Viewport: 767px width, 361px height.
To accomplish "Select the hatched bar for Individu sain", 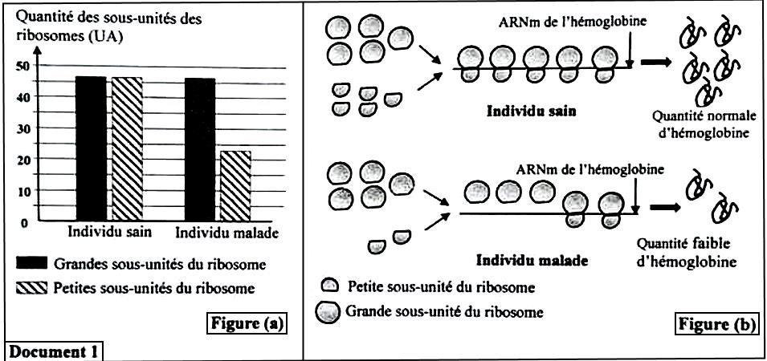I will [127, 148].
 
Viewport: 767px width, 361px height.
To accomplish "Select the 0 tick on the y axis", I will [25, 222].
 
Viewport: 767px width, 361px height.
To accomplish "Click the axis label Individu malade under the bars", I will [227, 233].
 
